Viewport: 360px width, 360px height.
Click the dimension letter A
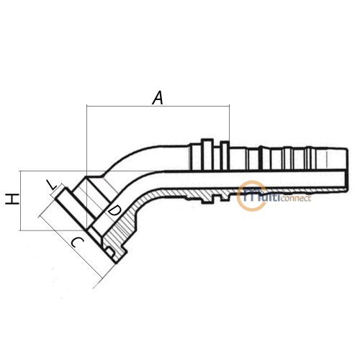(158, 98)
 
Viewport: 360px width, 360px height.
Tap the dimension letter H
(12, 199)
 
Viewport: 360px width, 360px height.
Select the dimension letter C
(78, 243)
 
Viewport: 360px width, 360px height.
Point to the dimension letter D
(114, 211)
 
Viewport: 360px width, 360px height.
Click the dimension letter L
(52, 184)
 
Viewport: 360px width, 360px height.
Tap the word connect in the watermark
(296, 199)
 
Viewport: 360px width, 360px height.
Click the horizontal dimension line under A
(158, 106)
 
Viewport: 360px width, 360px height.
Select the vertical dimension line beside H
(20, 201)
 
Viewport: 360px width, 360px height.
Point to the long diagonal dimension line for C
(71, 247)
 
